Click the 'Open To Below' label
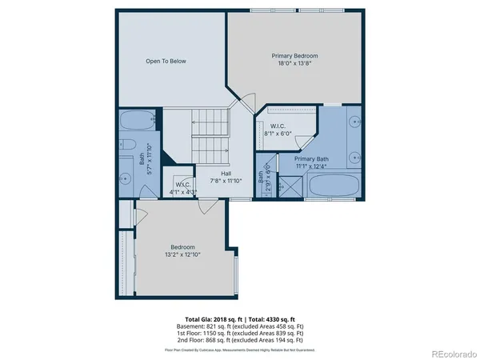tap(166, 61)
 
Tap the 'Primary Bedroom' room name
tap(294, 55)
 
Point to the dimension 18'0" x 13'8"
tap(294, 63)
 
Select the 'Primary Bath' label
tap(310, 159)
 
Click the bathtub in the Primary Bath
tap(336, 186)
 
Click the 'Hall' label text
tap(227, 173)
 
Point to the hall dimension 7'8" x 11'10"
tap(227, 181)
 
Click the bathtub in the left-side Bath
tap(138, 122)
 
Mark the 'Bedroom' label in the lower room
tap(182, 247)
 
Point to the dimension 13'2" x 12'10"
tap(182, 255)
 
